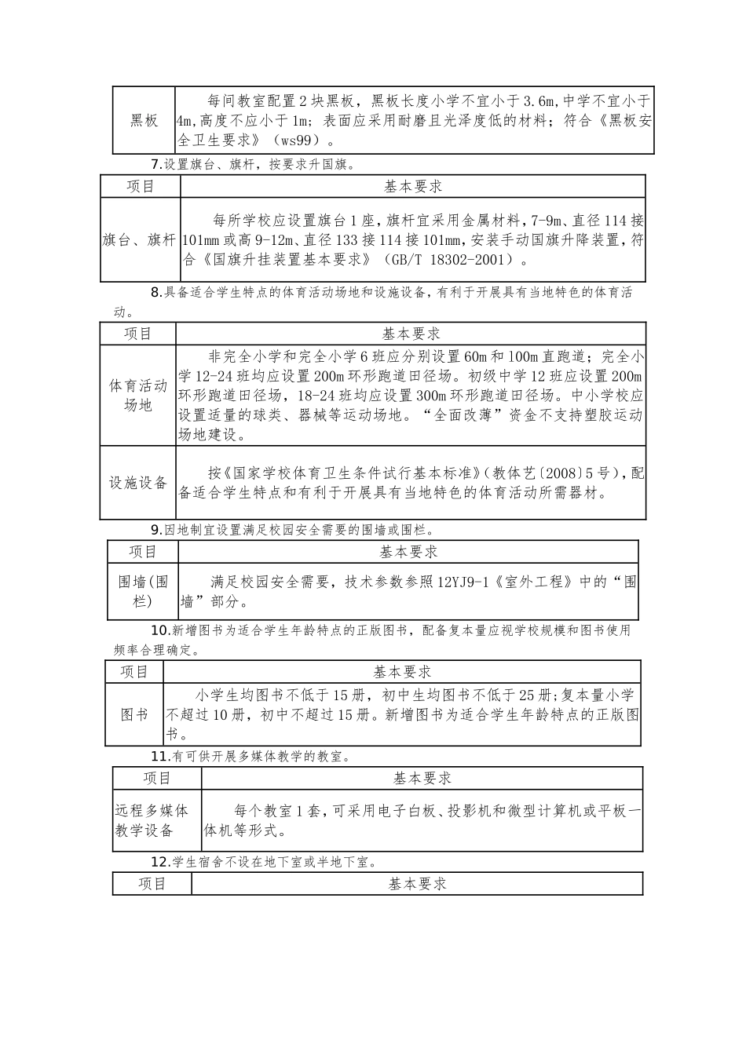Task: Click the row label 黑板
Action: coord(144,121)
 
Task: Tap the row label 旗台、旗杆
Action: coord(140,240)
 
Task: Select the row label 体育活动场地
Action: coord(138,396)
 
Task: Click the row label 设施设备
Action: coord(138,483)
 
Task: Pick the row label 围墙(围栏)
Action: coord(143,591)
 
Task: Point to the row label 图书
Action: coord(134,715)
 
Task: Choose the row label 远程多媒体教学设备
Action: coord(152,820)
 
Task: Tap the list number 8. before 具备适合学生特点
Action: coord(156,293)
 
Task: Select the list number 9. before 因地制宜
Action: coord(156,530)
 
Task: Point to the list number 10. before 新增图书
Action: coord(160,630)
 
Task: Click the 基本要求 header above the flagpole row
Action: coord(413,186)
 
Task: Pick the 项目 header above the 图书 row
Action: coord(134,672)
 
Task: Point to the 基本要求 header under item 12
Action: coord(418,884)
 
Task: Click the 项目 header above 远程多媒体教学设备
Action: coord(157,778)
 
